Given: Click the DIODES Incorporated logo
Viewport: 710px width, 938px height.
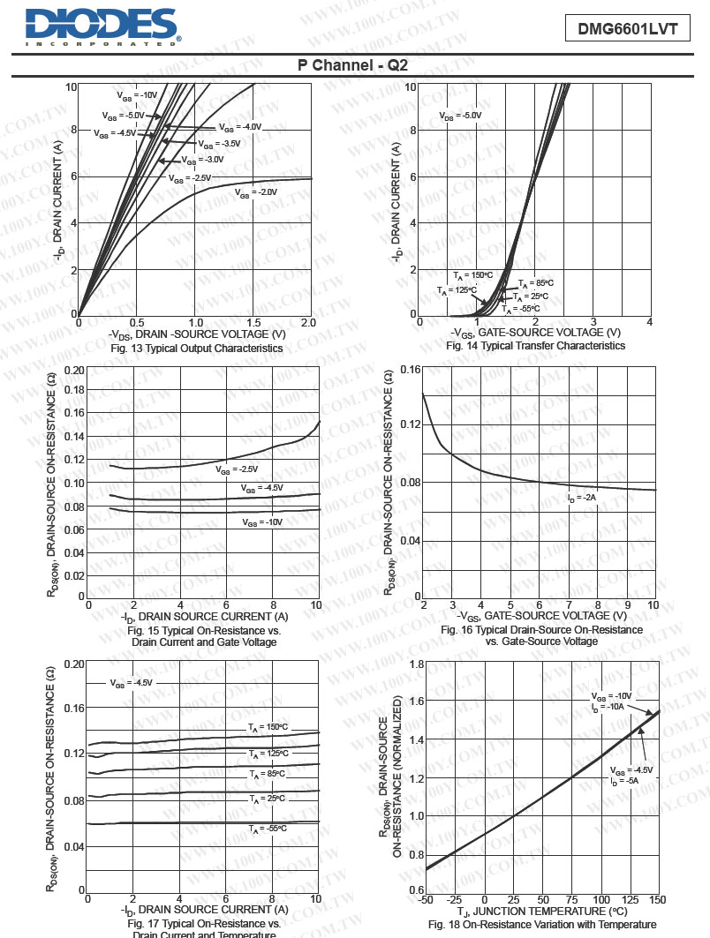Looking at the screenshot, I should [x=102, y=27].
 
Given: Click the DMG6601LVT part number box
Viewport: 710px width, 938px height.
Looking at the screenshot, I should [x=627, y=29].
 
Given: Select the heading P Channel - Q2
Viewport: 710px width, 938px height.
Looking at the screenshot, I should [x=352, y=66].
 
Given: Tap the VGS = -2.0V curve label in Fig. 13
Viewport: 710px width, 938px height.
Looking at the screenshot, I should [x=256, y=191].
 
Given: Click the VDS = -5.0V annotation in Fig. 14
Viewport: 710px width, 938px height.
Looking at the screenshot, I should [x=460, y=116].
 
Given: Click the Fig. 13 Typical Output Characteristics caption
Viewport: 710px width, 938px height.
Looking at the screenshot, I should [x=184, y=349].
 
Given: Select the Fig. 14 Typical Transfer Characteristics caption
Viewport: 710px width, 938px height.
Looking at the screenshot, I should [x=535, y=346].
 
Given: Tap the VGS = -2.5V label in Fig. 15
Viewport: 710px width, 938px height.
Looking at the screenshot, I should [x=237, y=469].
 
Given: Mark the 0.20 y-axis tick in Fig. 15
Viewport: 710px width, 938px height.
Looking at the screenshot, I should [x=74, y=371].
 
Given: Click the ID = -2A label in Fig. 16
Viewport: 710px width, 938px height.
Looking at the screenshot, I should [x=582, y=498].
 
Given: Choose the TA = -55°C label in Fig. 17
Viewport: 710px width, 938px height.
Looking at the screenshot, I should [x=268, y=829].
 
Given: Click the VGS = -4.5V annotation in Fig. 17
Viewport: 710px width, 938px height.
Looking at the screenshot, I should [x=132, y=682].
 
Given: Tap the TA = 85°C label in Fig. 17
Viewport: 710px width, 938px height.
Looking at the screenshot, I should [x=267, y=773].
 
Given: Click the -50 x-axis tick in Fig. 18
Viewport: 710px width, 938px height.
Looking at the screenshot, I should [x=426, y=898].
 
